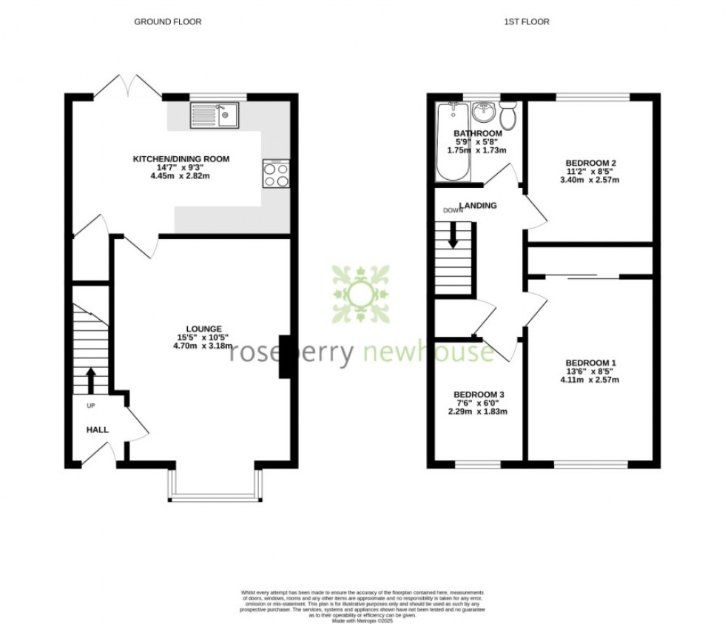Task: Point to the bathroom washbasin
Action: coord(482,113)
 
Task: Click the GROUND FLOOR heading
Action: coord(167,22)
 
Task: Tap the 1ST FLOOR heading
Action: coord(526,22)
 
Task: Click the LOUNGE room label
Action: coord(205,329)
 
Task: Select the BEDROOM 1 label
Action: coord(590,363)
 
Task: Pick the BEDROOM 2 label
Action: coord(590,163)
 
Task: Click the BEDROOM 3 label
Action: coord(479,394)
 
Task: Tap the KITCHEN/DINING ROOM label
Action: coord(181,159)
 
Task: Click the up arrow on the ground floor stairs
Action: coord(91,379)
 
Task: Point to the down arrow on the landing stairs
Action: coord(453,237)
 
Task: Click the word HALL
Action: coord(97,429)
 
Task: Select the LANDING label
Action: coord(478,206)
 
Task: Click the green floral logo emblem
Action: coord(360,293)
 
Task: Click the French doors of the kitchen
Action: coord(127,87)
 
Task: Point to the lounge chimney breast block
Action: coord(283,357)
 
